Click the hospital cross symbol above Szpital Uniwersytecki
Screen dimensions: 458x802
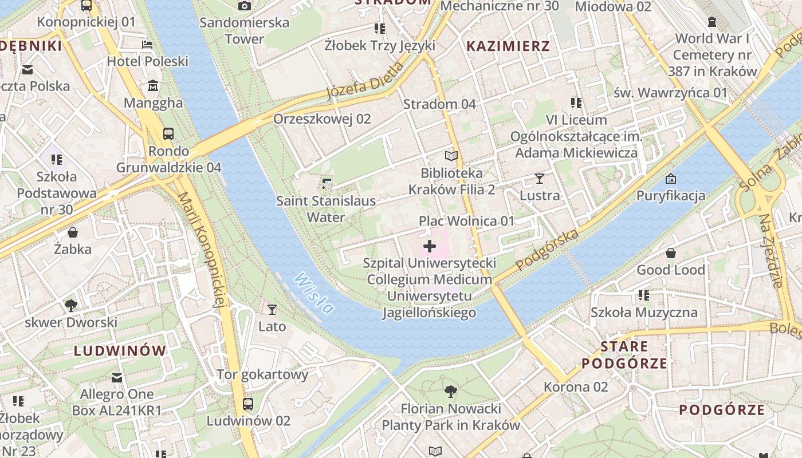pyautogui.click(x=429, y=247)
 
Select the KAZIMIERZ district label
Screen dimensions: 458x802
pyautogui.click(x=508, y=46)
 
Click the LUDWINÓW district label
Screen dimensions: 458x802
pyautogui.click(x=120, y=350)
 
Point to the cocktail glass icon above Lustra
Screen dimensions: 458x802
pyautogui.click(x=539, y=178)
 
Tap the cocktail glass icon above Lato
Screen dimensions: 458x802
pyautogui.click(x=272, y=310)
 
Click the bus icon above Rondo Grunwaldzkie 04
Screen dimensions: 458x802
pyautogui.click(x=168, y=134)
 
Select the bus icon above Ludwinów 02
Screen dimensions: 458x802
pyautogui.click(x=248, y=404)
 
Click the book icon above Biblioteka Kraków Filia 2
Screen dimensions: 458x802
pyautogui.click(x=451, y=156)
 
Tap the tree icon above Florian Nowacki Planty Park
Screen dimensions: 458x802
pyautogui.click(x=451, y=392)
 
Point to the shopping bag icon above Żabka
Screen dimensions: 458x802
pyautogui.click(x=73, y=232)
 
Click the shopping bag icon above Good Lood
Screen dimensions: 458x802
pyautogui.click(x=670, y=252)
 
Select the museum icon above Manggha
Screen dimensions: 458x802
pyautogui.click(x=153, y=86)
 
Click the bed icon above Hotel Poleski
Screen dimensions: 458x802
pyautogui.click(x=147, y=45)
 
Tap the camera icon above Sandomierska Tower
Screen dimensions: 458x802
pyautogui.click(x=245, y=6)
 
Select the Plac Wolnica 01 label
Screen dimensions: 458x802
pyautogui.click(x=466, y=221)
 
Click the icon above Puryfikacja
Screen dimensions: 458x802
pyautogui.click(x=671, y=179)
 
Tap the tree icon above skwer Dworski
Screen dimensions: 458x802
pyautogui.click(x=71, y=305)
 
